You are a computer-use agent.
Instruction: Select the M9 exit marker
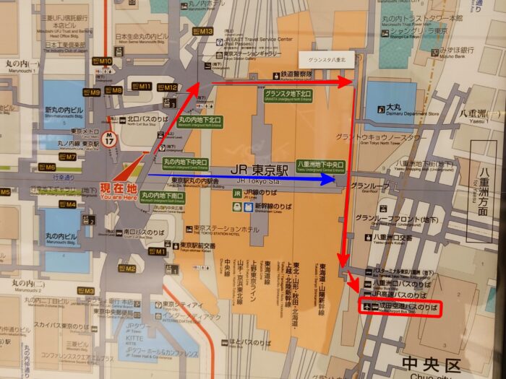[94, 92]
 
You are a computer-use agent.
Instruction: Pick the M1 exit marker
[160, 252]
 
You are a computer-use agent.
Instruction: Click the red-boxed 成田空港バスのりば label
[401, 308]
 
